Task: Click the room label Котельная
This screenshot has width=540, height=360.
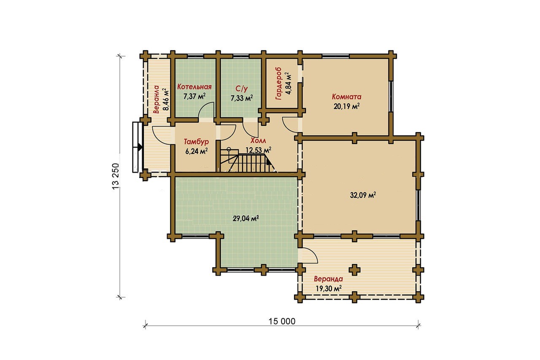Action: tap(194, 87)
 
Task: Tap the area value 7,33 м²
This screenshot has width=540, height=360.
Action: tap(242, 98)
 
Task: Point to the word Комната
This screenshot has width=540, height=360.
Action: tap(346, 97)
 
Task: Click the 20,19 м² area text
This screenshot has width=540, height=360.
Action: tap(346, 106)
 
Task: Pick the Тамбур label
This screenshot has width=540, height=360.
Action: tap(196, 141)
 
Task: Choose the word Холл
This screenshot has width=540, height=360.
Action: tap(258, 141)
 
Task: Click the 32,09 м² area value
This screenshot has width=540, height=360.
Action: tap(363, 195)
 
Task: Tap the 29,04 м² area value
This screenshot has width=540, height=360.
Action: tap(246, 219)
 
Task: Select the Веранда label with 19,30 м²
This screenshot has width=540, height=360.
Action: tap(328, 279)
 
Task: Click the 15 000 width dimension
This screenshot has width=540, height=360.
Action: tap(282, 321)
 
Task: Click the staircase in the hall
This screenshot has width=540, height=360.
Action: tap(248, 160)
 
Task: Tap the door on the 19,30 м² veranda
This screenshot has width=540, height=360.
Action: tap(309, 255)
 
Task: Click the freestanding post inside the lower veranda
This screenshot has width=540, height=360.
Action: tap(355, 270)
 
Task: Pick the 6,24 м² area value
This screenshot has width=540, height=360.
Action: tap(197, 151)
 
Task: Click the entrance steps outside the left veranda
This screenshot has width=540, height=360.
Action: tap(137, 147)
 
